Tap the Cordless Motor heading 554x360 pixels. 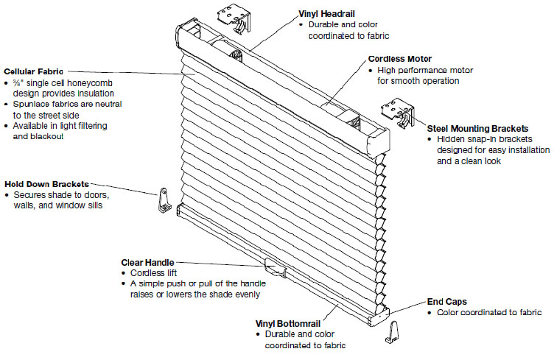click(400, 59)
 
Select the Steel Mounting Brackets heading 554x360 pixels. click(477, 128)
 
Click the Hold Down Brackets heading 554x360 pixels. click(46, 183)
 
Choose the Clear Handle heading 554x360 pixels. click(148, 262)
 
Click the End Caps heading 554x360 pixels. click(447, 301)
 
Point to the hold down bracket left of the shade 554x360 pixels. click(164, 200)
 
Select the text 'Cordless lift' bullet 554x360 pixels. click(153, 273)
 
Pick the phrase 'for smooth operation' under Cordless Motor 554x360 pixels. click(418, 81)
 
